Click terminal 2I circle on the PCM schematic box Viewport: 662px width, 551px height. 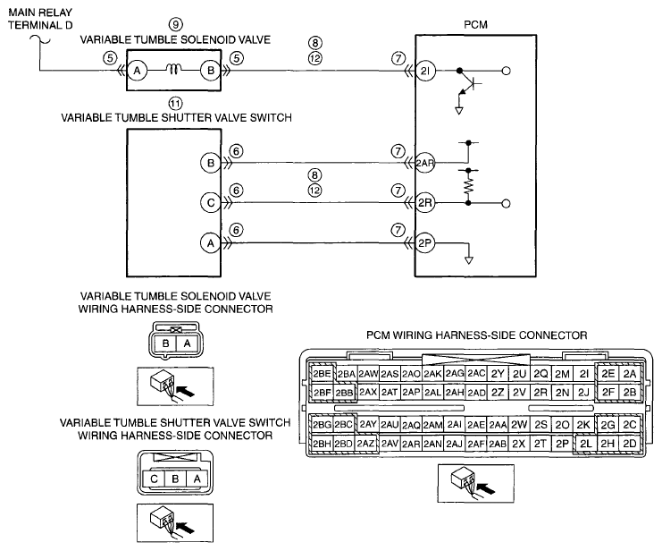(x=425, y=71)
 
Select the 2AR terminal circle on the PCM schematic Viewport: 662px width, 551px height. (x=425, y=163)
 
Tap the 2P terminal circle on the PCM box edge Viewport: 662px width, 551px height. (x=425, y=243)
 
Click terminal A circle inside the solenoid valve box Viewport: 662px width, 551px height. (x=137, y=71)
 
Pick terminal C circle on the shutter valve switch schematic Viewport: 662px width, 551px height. (x=211, y=203)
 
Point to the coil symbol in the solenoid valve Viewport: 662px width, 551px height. (x=173, y=69)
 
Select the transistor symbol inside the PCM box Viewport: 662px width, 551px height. (x=468, y=86)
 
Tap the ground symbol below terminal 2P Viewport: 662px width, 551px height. (x=469, y=260)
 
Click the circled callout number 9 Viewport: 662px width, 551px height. (x=176, y=24)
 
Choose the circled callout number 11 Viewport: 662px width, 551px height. (x=176, y=103)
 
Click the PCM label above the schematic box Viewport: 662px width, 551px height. (x=476, y=24)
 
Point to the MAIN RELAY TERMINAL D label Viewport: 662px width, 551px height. (x=40, y=19)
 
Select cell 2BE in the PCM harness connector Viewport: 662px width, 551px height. (x=323, y=373)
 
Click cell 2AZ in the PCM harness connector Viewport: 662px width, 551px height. (x=365, y=444)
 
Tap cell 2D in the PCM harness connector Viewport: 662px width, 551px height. (x=630, y=444)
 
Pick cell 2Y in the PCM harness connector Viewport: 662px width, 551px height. (x=498, y=374)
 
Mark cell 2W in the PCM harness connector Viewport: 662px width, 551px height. (x=519, y=425)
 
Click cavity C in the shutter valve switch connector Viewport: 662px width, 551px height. (x=154, y=479)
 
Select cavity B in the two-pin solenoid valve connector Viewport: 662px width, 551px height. (x=165, y=343)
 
